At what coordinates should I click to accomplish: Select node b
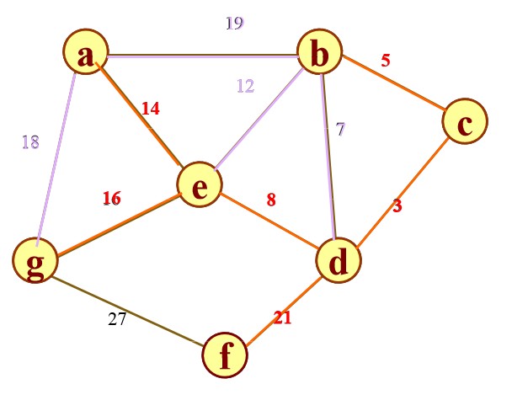point(320,55)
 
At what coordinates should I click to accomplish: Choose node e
point(199,184)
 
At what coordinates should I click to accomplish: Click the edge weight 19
point(234,23)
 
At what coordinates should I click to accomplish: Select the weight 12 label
point(244,86)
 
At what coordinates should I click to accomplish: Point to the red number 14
point(150,108)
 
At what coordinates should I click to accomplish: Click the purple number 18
point(30,141)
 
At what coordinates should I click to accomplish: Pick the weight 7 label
point(340,129)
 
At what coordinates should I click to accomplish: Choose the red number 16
point(111,199)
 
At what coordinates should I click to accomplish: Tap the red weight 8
point(271,200)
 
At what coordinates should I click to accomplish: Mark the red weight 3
point(397,205)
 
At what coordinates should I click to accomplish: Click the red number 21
point(281,317)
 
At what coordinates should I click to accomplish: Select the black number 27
point(117,318)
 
